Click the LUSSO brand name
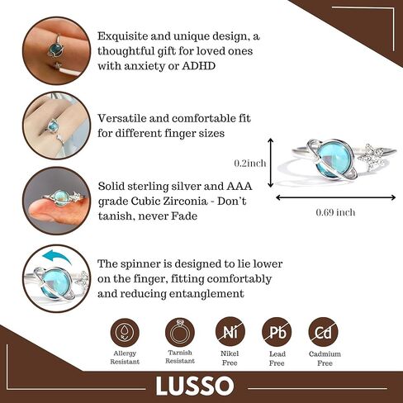pos(195,386)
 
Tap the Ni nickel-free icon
pos(230,332)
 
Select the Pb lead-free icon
pos(277,332)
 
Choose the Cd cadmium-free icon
pos(324,332)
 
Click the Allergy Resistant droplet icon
pos(125,332)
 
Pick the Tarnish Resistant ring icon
pos(180,332)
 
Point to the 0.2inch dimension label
pos(250,164)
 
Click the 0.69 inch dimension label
pos(335,212)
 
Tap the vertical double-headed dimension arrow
pos(271,163)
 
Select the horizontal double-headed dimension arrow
pos(336,197)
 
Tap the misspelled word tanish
pos(114,216)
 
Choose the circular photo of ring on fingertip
pos(57,201)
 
